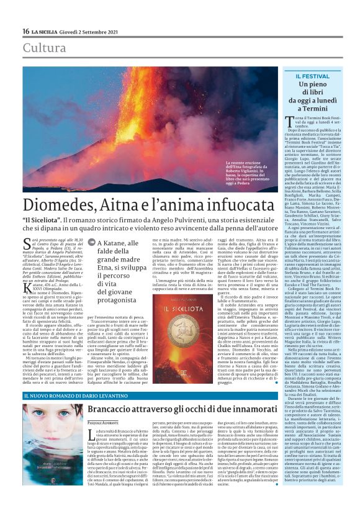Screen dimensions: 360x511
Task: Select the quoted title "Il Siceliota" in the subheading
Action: pyautogui.click(x=45, y=220)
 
